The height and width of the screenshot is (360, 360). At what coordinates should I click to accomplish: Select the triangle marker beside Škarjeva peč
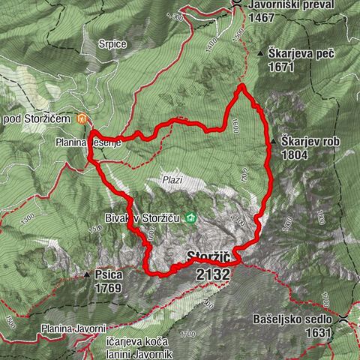tap(261, 54)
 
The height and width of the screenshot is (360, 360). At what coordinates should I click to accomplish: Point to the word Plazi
tap(172, 180)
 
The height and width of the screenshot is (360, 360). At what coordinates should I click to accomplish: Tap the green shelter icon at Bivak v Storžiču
tap(191, 218)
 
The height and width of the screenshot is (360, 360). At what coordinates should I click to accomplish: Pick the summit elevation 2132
tap(212, 275)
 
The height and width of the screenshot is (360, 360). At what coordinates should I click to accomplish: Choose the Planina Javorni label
tap(74, 328)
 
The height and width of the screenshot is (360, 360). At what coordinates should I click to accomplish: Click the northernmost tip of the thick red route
tap(242, 87)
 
